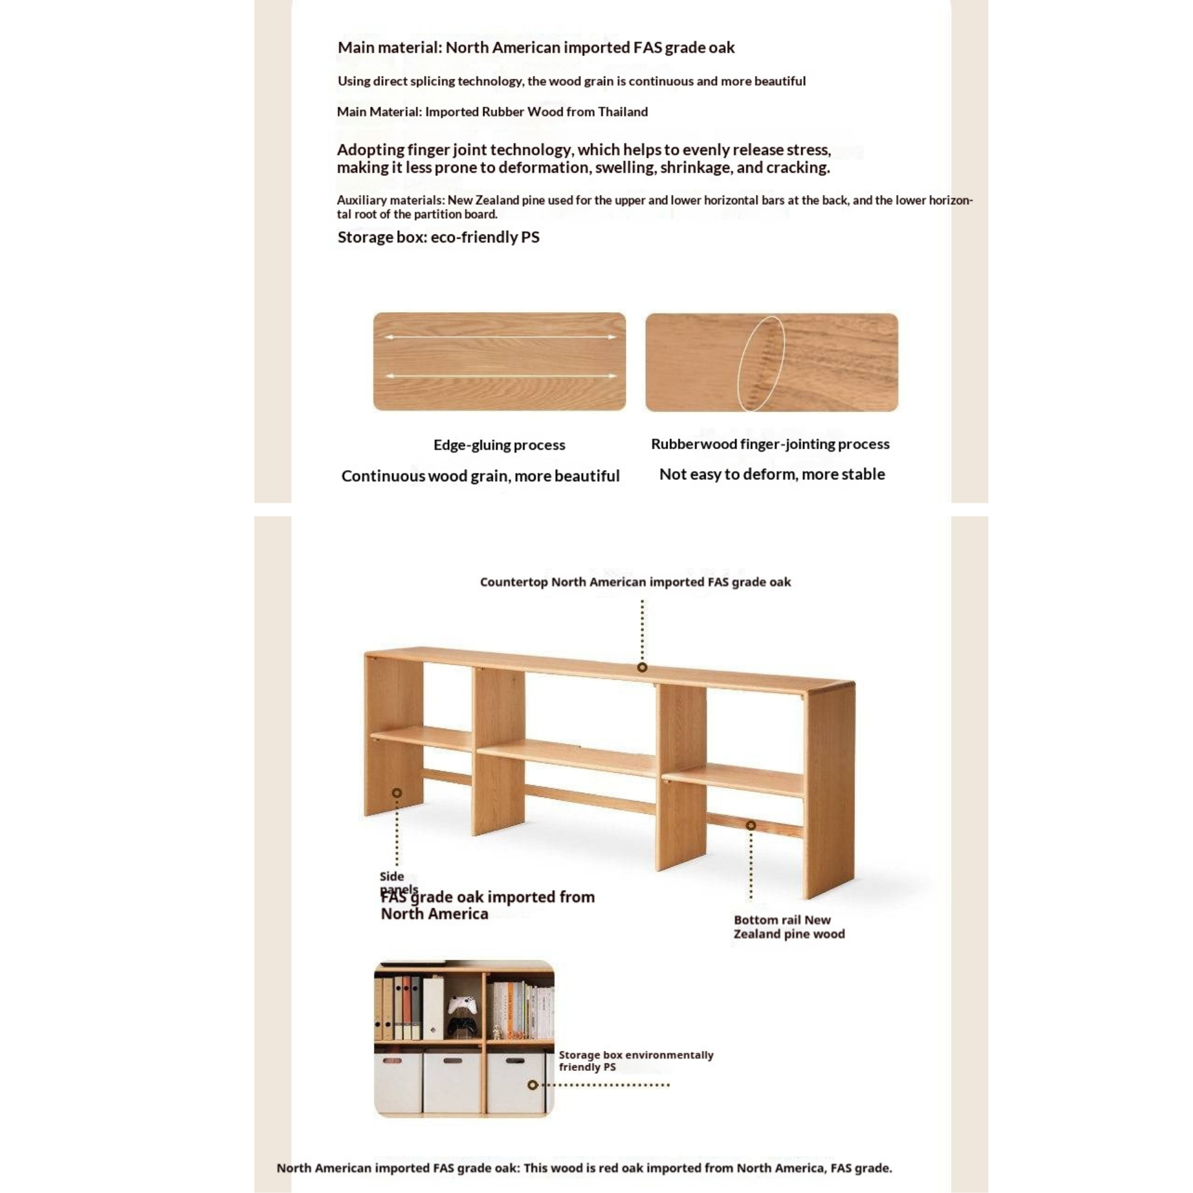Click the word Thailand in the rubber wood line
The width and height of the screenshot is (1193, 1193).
coord(622,112)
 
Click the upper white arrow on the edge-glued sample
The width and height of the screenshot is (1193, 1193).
coord(499,337)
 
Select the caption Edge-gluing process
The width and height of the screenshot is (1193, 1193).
coord(499,445)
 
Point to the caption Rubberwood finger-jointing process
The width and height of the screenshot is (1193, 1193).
coord(770,444)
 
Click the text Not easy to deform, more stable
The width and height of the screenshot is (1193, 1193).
coord(772,474)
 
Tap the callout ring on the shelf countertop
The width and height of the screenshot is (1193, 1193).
coord(642,667)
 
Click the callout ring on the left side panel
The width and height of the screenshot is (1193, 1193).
coord(397,793)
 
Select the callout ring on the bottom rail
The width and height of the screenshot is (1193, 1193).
coord(751,825)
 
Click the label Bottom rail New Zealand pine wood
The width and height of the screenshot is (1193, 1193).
coord(788,927)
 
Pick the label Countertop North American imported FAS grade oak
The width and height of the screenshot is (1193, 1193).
coord(635,582)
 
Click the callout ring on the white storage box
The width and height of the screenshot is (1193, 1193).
coord(533,1085)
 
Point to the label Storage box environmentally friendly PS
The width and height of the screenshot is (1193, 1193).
coord(635,1061)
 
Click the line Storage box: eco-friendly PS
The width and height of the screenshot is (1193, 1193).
coord(438,237)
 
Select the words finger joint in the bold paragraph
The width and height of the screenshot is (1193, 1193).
coord(445,150)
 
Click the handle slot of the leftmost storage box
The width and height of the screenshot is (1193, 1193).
coord(393,1061)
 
